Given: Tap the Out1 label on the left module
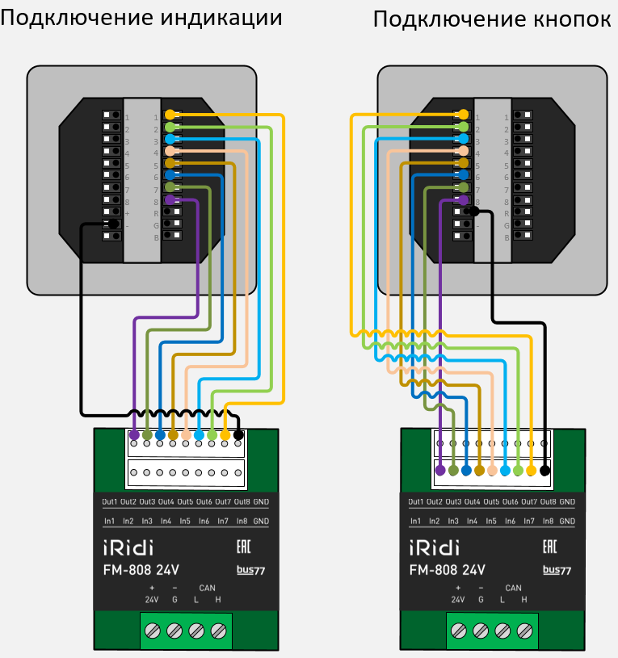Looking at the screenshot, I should click(110, 502).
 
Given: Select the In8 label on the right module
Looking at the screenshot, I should click(548, 522).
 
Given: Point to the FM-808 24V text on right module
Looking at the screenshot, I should click(448, 570).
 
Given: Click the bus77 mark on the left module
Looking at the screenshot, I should click(250, 570).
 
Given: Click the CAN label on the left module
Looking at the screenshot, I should click(207, 588).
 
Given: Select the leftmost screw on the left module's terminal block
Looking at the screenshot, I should click(152, 631).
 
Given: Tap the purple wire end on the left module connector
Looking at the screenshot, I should click(134, 435).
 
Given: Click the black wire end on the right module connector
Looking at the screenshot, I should click(544, 470).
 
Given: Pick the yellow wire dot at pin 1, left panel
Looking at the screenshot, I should click(170, 115).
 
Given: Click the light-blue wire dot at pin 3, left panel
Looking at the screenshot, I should click(170, 139).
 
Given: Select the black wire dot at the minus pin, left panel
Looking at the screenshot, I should click(114, 224).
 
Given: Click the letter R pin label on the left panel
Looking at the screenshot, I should click(156, 213).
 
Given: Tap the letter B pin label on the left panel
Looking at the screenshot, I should click(156, 237).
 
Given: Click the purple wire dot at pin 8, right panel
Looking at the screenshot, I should click(464, 199).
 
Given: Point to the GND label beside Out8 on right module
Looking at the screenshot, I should click(567, 502).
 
